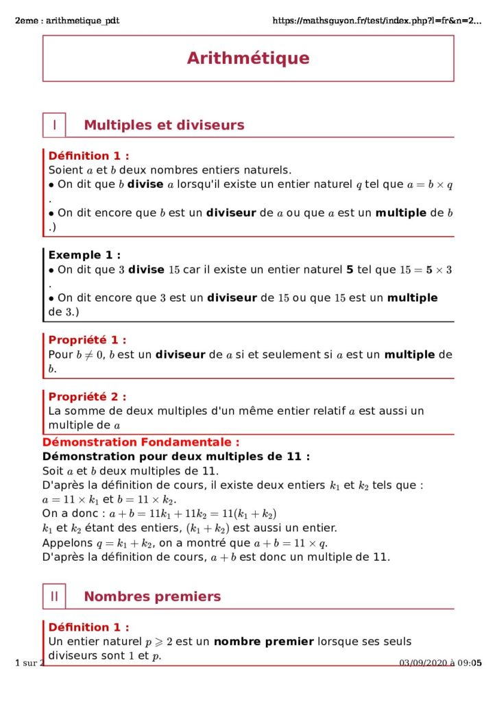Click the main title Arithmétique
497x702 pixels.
tap(248, 58)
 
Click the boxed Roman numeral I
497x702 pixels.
tap(54, 125)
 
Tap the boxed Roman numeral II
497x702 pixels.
tap(54, 596)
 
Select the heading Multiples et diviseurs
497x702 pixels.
tap(164, 125)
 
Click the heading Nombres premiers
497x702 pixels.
tap(152, 596)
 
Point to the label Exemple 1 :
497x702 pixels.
tap(84, 255)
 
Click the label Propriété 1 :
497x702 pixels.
tap(87, 339)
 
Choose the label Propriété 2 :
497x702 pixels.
tap(87, 396)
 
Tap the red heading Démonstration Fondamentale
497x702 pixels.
tap(141, 442)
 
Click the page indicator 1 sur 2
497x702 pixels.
tap(29, 662)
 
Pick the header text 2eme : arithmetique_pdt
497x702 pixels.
tap(66, 21)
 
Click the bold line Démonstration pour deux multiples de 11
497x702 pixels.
tap(176, 456)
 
